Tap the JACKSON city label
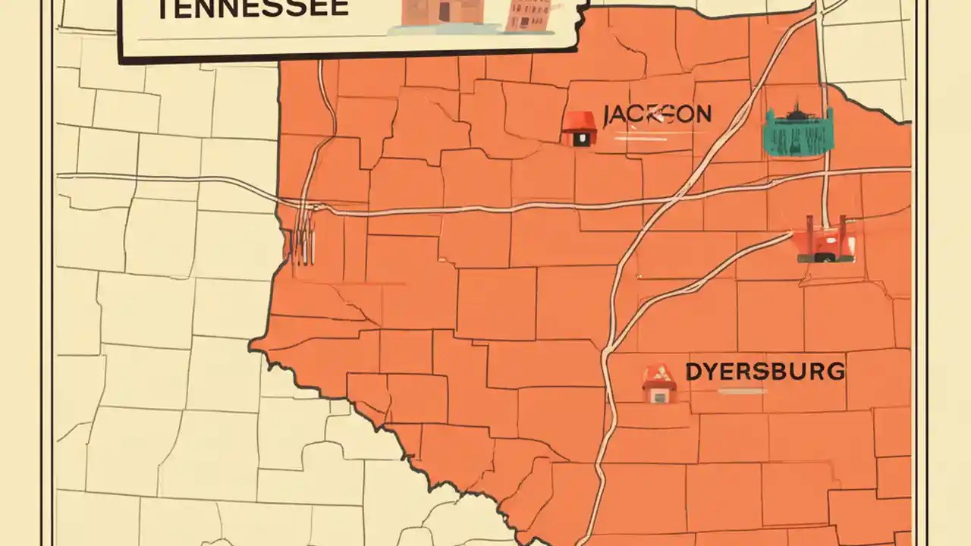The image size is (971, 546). point(657,115)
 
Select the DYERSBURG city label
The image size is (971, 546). point(765,372)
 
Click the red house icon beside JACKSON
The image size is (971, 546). point(579,129)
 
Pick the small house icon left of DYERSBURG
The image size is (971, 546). point(658,384)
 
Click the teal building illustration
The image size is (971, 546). point(797,133)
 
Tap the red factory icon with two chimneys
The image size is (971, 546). point(825,242)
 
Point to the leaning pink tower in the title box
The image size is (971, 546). point(529,16)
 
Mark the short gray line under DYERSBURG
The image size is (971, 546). point(742,392)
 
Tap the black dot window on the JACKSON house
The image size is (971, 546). point(580,139)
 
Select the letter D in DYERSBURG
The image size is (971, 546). point(693,372)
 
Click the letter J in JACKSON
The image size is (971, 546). point(607,116)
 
